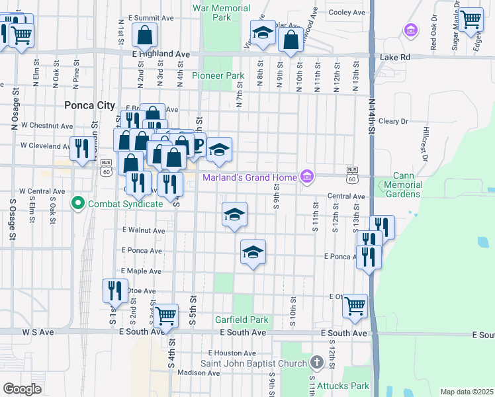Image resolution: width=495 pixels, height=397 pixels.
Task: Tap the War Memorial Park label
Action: point(222,13)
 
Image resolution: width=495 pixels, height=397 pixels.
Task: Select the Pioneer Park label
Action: point(218,76)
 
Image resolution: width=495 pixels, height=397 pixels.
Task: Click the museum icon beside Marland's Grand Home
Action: point(306,177)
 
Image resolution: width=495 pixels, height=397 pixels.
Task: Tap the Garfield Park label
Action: point(242,320)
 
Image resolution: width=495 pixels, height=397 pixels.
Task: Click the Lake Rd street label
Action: point(395,58)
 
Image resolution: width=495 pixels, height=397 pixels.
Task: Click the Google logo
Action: point(22,389)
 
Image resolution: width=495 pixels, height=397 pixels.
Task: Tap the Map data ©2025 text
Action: point(467,392)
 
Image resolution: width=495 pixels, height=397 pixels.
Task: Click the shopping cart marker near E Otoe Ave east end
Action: point(355,306)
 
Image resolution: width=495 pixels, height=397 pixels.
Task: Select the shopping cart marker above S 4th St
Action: point(165,315)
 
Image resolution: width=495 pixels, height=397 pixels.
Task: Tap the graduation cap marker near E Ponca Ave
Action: point(253,252)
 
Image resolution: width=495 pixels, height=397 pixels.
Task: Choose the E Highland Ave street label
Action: point(161,54)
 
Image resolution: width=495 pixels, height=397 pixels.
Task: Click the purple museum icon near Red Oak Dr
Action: point(410,30)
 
